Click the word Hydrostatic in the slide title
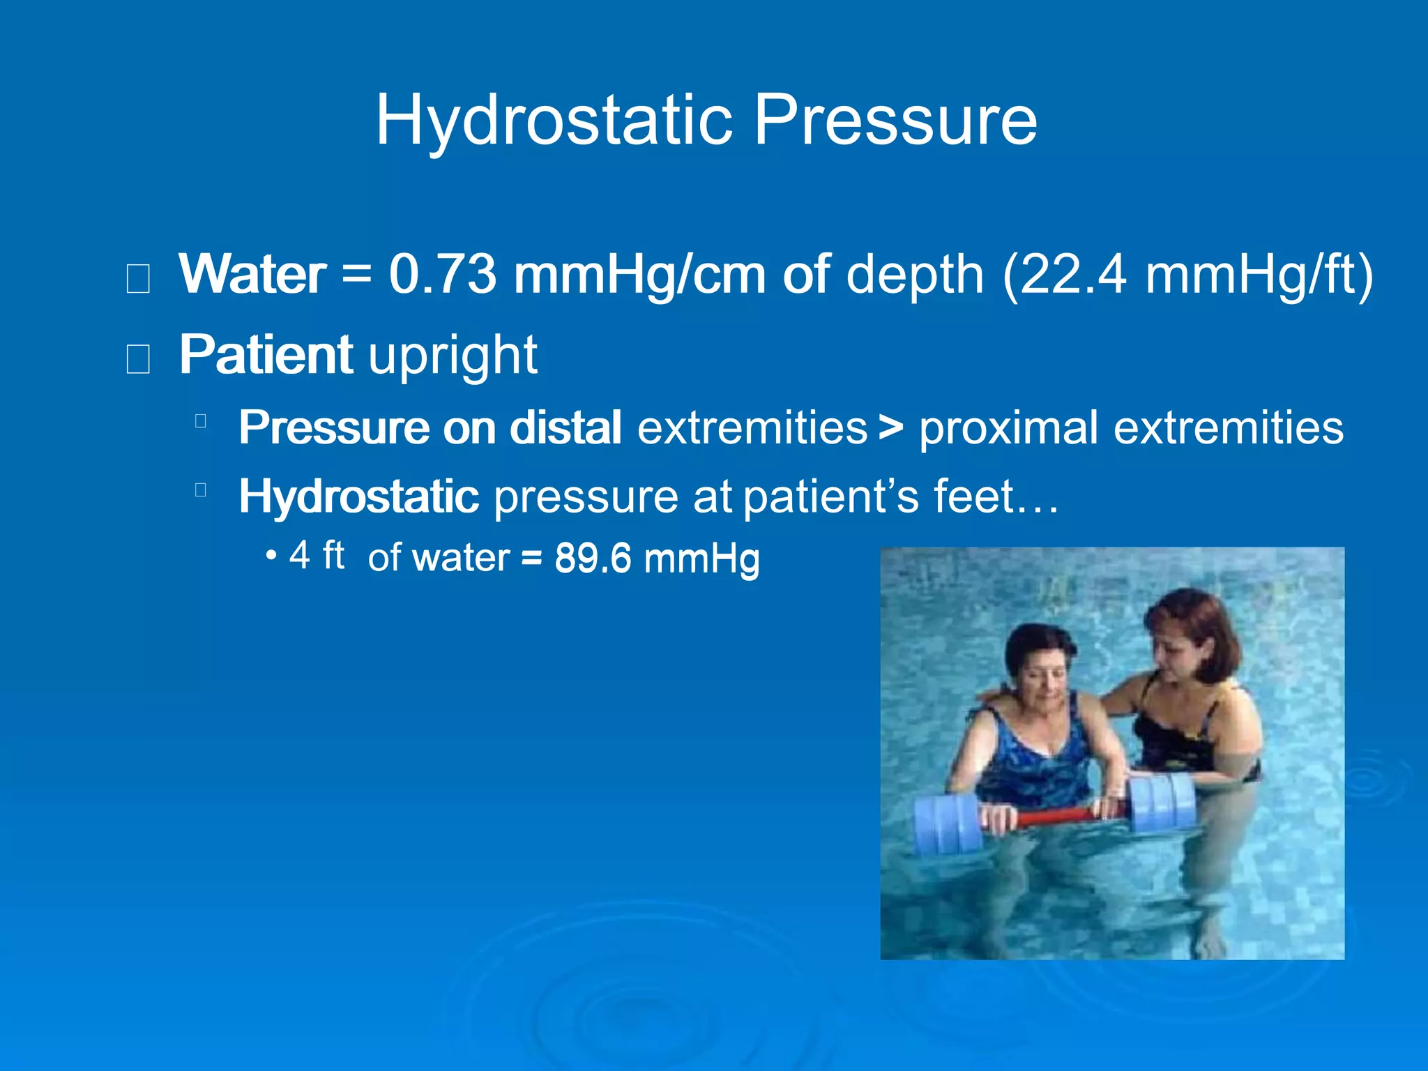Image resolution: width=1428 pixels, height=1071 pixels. (x=554, y=120)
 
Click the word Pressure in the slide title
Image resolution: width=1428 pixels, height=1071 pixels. (x=895, y=120)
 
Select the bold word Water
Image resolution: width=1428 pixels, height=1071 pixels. (x=252, y=275)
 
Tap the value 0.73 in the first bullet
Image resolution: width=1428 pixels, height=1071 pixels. (x=443, y=275)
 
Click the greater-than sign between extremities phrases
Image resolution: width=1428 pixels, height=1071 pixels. (x=890, y=427)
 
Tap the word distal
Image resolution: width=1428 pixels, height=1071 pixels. (x=565, y=427)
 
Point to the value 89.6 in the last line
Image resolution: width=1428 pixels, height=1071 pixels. (x=593, y=559)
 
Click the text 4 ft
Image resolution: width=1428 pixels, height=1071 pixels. (x=317, y=556)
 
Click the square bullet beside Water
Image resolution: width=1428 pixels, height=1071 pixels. (x=138, y=279)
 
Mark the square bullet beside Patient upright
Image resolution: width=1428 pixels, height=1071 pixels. (x=138, y=359)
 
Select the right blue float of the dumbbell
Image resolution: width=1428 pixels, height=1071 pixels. (x=1160, y=802)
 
